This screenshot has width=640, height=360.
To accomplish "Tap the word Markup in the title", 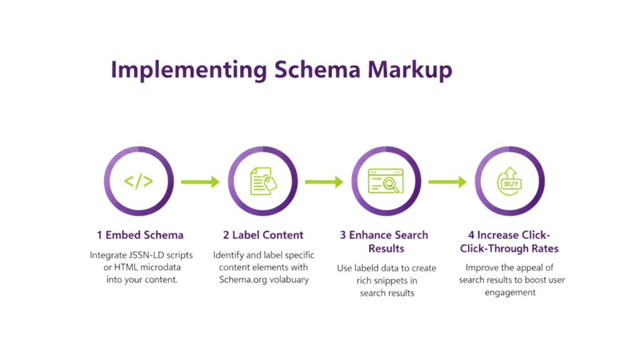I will [409, 70].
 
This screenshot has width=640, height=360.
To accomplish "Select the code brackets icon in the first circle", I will [139, 181].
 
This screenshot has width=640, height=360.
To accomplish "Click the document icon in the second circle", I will [262, 181].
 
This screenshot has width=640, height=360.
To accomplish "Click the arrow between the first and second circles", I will [200, 182].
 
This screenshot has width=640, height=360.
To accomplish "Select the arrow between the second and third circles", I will [324, 182].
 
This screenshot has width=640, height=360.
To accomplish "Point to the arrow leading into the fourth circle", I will [447, 182].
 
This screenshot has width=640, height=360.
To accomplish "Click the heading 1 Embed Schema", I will [140, 235].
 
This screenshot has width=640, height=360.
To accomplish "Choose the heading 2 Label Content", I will [263, 235].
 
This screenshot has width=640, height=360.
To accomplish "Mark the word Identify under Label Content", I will [229, 255].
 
